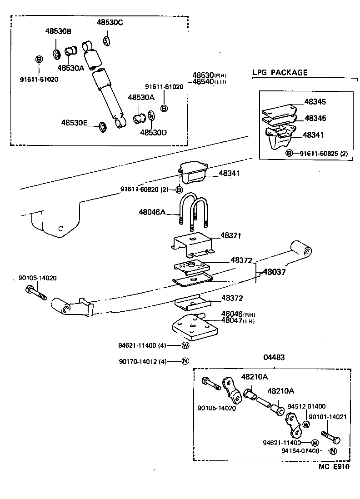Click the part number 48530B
pyautogui.click(x=58, y=31)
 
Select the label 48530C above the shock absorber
pyautogui.click(x=110, y=22)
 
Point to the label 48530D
pyautogui.click(x=153, y=132)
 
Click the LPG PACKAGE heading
pyautogui.click(x=280, y=72)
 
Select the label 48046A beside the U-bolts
pyautogui.click(x=152, y=211)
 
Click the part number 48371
pyautogui.click(x=230, y=235)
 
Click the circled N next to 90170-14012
pyautogui.click(x=185, y=361)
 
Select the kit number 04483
pyautogui.click(x=274, y=357)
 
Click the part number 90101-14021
pyautogui.click(x=328, y=416)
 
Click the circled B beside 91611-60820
pyautogui.click(x=179, y=190)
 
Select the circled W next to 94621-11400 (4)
pyautogui.click(x=185, y=345)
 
